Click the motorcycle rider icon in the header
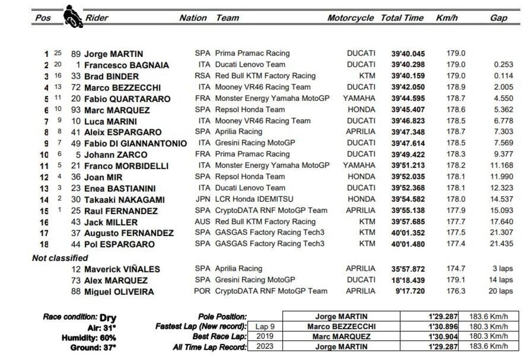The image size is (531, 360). (x=73, y=16)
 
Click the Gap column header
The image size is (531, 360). (x=498, y=18)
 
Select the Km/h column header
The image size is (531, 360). (x=446, y=18)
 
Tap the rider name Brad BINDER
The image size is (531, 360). (x=105, y=76)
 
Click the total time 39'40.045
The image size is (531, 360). (x=408, y=54)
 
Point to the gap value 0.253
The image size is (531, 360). (x=504, y=65)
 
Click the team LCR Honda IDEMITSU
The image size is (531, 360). (x=254, y=199)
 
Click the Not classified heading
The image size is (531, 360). (x=60, y=258)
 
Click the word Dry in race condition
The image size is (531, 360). (x=108, y=318)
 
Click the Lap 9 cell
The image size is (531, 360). (x=265, y=326)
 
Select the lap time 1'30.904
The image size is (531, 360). (x=443, y=337)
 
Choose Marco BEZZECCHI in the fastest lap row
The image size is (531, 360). (x=341, y=326)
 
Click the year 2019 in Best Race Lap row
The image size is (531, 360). (x=265, y=337)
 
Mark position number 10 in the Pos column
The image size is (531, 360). (x=44, y=155)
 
